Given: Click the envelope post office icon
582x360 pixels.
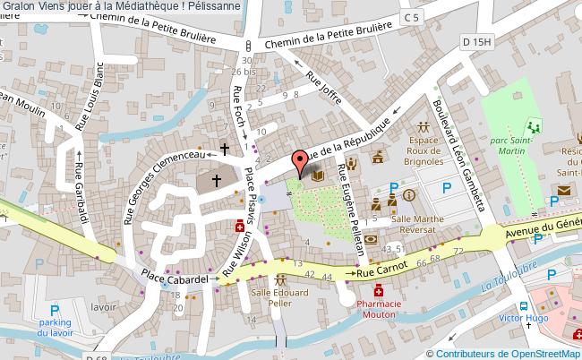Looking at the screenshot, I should tap(565, 190).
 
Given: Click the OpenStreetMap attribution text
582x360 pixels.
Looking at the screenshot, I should tap(506, 353).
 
